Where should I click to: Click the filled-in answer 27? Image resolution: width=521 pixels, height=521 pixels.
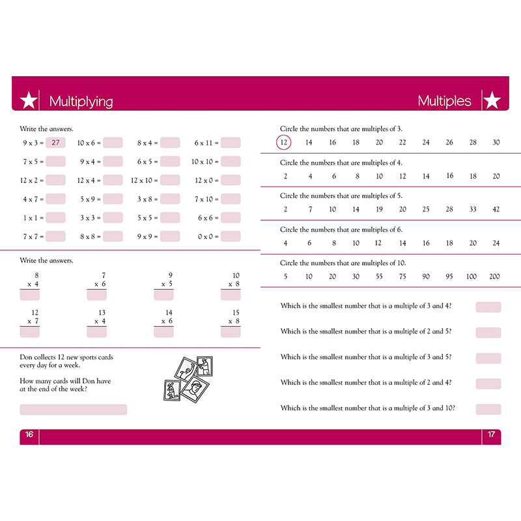[55, 143]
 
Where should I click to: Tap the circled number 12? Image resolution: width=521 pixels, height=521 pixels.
[284, 143]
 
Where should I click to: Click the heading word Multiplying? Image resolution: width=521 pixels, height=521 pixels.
[81, 102]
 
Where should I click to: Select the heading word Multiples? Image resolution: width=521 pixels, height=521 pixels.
[444, 101]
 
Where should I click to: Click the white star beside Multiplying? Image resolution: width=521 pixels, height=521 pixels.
[29, 101]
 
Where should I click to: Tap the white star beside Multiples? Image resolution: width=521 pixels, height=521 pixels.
[492, 101]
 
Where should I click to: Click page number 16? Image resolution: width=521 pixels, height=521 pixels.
[29, 435]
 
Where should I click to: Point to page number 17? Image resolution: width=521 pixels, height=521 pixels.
[492, 435]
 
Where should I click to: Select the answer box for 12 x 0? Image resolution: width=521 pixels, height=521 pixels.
[231, 180]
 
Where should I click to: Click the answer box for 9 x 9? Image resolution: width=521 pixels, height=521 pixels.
[170, 237]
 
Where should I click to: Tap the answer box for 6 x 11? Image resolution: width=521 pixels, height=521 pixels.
[231, 143]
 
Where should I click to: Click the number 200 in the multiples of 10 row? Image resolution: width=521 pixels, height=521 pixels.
[494, 277]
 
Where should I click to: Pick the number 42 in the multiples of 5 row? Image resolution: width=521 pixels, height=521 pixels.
[496, 209]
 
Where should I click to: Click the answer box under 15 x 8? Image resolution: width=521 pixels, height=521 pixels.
[231, 332]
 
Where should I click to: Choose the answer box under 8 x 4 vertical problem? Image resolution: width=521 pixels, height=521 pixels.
[30, 295]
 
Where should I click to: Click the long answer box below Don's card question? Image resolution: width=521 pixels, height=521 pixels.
[73, 410]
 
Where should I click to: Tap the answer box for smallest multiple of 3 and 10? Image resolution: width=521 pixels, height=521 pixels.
[488, 409]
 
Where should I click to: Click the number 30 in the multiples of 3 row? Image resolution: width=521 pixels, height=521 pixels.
[496, 143]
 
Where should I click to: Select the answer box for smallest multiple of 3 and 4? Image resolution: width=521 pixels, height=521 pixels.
[488, 307]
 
